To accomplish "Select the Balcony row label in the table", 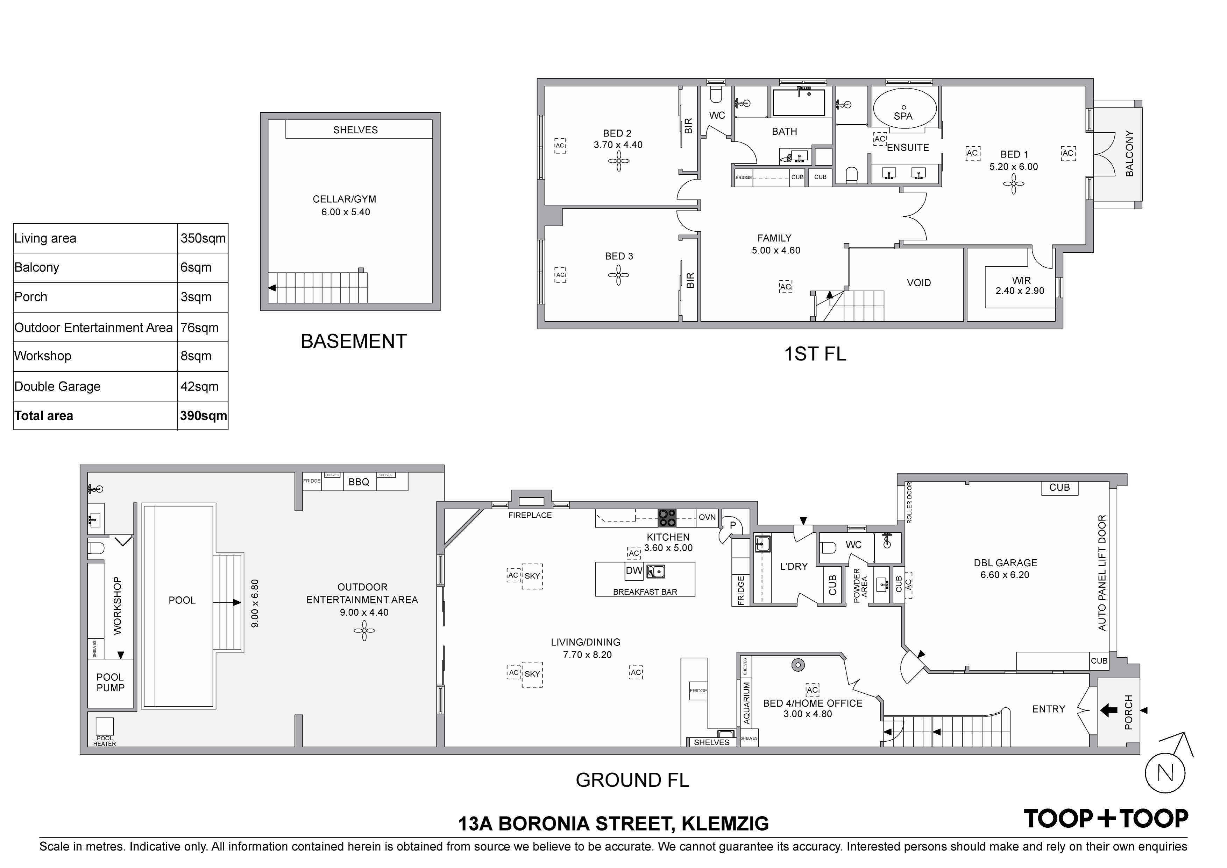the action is [x=37, y=267].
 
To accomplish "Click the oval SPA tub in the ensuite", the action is [x=905, y=108].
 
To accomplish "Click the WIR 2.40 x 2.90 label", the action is [x=1020, y=286].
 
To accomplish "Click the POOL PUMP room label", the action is [x=110, y=682].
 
